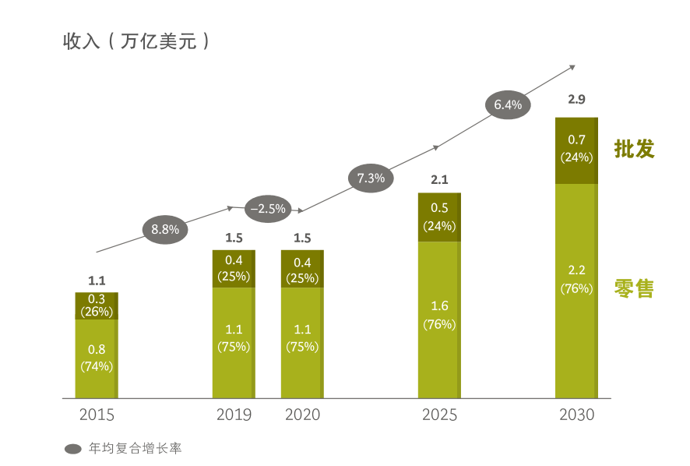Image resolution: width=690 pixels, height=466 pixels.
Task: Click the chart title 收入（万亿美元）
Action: [x=136, y=41]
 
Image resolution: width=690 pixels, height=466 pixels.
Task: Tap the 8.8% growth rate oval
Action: [x=165, y=229]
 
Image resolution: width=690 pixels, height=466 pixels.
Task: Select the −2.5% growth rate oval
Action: [x=268, y=209]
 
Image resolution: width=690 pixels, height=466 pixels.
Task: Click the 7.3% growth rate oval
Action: [x=371, y=178]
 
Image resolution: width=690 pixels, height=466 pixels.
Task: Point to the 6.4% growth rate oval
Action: [x=508, y=104]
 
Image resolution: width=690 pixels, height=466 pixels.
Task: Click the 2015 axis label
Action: [x=97, y=415]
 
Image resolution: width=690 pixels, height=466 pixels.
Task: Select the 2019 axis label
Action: [x=234, y=415]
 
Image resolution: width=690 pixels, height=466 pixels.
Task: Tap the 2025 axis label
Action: [x=439, y=415]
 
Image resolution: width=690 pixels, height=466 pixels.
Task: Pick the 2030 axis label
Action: [x=576, y=415]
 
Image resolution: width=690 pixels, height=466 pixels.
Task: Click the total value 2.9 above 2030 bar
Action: [x=576, y=99]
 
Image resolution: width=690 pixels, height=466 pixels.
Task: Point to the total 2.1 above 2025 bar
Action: [x=439, y=180]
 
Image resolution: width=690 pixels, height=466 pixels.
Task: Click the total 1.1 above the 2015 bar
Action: [x=97, y=281]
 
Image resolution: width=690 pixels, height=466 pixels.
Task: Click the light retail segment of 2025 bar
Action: [x=439, y=319]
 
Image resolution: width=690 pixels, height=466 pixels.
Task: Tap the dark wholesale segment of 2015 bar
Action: [x=97, y=305]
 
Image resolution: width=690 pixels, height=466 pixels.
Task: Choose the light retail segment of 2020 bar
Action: [x=302, y=343]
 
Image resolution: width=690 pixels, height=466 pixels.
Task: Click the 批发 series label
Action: [x=634, y=150]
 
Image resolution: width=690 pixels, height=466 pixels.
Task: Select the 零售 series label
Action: [x=634, y=288]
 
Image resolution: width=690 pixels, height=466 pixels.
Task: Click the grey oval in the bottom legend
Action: [x=72, y=449]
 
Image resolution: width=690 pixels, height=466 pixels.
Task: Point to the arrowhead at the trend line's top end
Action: [x=572, y=67]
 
